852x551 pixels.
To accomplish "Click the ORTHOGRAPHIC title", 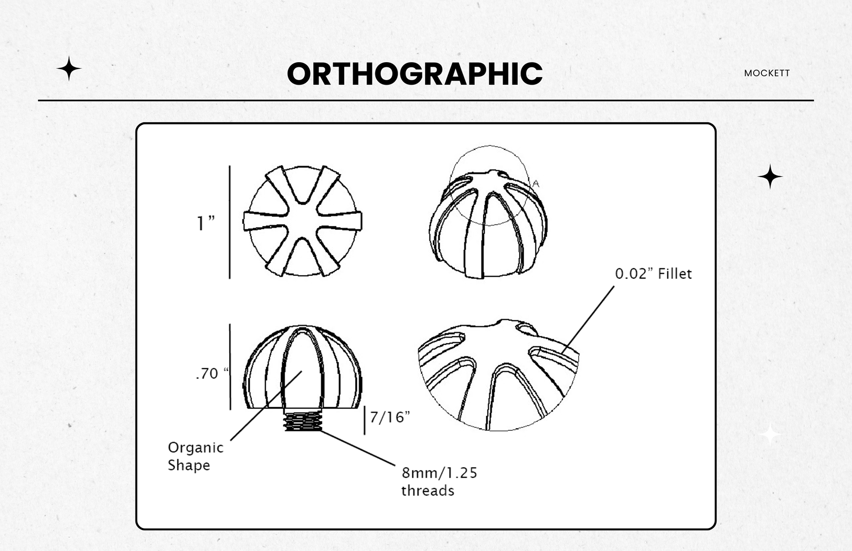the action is (x=414, y=73).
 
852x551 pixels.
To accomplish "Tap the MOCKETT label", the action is (x=767, y=73).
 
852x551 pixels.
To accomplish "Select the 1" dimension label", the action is (x=205, y=223).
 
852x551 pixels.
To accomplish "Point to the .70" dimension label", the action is (x=212, y=374).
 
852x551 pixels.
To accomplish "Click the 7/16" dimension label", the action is (x=390, y=417).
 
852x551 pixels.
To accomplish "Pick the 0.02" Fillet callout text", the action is (x=653, y=274).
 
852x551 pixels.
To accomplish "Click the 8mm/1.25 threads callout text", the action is (x=439, y=482).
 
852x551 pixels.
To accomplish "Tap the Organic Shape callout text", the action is (x=195, y=456).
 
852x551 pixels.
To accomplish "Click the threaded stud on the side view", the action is (x=302, y=421).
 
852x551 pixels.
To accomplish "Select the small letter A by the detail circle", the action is (x=536, y=183).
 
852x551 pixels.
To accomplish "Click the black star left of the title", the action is (x=69, y=69).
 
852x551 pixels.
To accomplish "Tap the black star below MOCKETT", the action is (x=770, y=177).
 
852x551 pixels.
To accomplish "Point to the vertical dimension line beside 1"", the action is (x=229, y=222).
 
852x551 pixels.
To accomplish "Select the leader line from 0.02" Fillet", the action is (x=588, y=319).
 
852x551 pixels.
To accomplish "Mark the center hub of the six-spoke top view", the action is (x=302, y=221).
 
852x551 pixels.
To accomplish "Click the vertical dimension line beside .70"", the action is (x=230, y=366).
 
